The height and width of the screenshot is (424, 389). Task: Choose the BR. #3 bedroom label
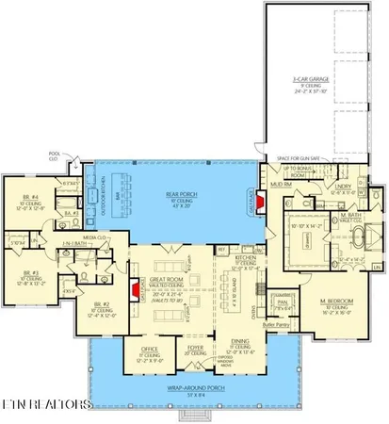[26, 275]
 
